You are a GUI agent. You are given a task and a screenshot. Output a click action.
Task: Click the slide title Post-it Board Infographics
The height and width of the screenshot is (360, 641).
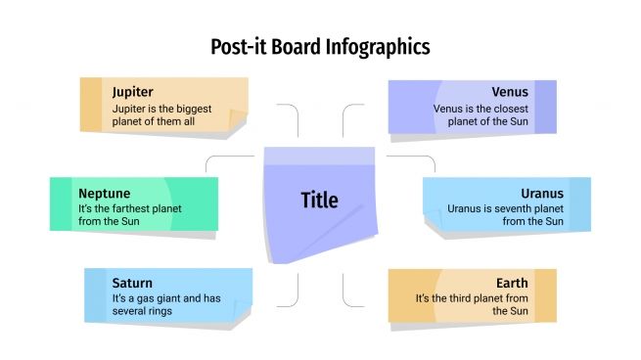click(x=320, y=46)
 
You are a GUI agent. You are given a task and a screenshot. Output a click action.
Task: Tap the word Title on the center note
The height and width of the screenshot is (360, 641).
click(x=319, y=201)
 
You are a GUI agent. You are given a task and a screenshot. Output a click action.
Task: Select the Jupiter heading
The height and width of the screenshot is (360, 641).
click(x=132, y=92)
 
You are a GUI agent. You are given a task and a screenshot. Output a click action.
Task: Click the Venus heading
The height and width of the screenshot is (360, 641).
click(x=510, y=92)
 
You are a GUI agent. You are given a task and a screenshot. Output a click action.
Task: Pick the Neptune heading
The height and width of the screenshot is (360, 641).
click(x=105, y=193)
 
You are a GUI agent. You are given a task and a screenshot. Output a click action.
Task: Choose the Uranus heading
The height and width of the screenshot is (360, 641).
click(x=542, y=193)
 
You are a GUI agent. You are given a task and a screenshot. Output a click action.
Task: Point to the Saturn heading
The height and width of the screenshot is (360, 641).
click(x=132, y=283)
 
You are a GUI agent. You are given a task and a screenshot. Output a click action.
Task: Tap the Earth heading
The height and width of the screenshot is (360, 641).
click(x=512, y=283)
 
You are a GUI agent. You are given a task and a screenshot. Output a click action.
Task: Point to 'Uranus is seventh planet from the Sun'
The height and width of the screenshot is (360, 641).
click(x=505, y=214)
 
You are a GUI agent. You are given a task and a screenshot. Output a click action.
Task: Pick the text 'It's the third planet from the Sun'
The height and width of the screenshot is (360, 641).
click(x=473, y=304)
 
